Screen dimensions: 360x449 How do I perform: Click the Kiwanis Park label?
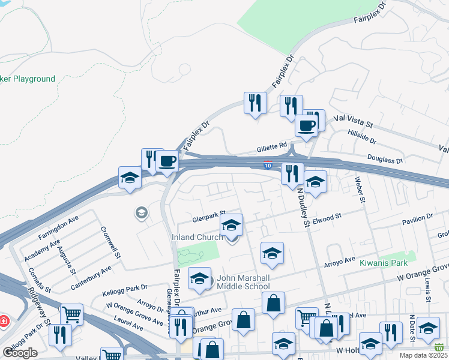tap(383, 263)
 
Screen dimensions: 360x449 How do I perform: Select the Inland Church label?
tap(197, 237)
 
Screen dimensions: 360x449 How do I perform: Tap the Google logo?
tap(20, 352)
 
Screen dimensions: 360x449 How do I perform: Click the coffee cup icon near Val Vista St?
tap(307, 126)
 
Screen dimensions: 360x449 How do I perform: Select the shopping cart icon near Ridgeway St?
tap(71, 314)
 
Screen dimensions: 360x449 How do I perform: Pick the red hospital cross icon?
tap(3, 321)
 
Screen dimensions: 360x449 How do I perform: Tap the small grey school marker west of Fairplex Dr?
tap(142, 212)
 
